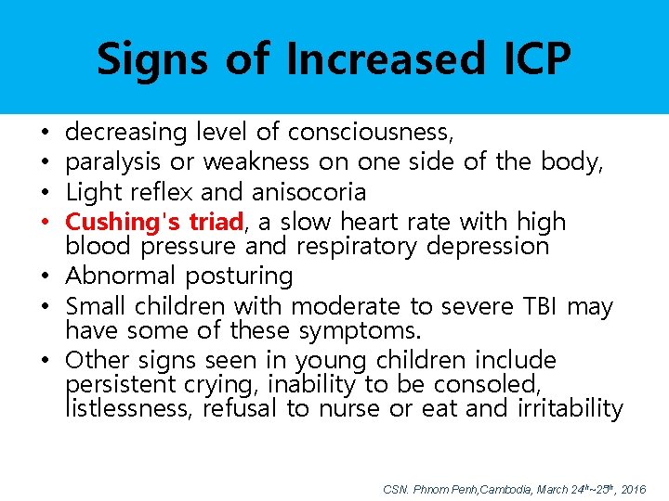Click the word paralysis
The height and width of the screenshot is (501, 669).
coord(114,162)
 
